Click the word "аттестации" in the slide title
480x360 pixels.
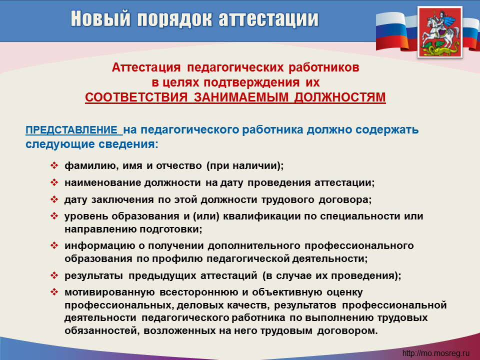coord(268,18)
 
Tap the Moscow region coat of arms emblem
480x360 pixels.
coord(440,32)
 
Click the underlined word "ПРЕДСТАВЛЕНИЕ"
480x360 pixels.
coord(72,130)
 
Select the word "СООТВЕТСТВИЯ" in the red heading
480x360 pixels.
coord(136,97)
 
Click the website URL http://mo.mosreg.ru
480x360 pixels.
coord(435,353)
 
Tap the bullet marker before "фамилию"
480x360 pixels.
coord(54,165)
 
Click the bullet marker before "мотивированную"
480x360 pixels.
coord(54,292)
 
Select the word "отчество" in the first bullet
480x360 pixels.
coord(179,165)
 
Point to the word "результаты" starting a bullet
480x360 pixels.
coord(93,276)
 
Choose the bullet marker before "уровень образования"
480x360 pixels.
coord(54,216)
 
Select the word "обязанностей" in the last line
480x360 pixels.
coord(100,331)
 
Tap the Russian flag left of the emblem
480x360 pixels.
coord(395,30)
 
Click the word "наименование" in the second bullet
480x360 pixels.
coord(102,183)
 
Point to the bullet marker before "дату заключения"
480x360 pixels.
coord(54,199)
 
